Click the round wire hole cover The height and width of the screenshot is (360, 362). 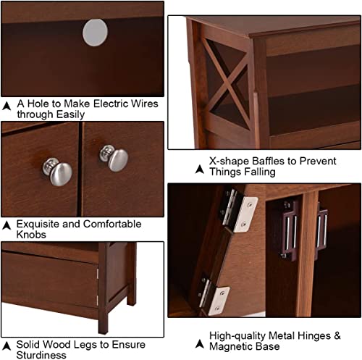click(95, 33)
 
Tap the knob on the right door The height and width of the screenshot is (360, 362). click(114, 158)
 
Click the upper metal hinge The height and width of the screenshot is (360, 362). click(239, 212)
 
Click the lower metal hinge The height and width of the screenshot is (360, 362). click(213, 294)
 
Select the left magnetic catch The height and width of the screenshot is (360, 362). click(287, 230)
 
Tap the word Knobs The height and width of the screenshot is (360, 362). click(31, 235)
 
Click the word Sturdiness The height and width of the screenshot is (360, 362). click(41, 355)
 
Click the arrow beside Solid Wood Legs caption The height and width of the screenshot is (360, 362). click(7, 346)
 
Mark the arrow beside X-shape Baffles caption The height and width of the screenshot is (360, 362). click(200, 169)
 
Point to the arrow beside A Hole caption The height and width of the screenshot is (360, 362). click(7, 106)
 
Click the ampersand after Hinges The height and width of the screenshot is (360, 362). click(337, 335)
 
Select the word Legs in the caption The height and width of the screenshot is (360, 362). click(85, 345)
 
